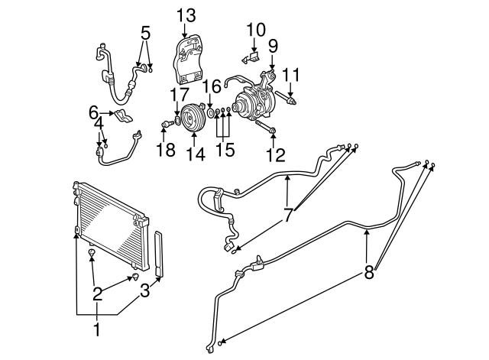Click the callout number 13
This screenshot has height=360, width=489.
pos(186,15)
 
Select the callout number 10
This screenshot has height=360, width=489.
pos(256,30)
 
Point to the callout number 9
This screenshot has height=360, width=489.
pos(273,46)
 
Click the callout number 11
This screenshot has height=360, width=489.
pos(290,75)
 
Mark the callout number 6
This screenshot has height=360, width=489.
pos(94,113)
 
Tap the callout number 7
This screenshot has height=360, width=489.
pos(288,216)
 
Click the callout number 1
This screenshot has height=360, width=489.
pos(97,329)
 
